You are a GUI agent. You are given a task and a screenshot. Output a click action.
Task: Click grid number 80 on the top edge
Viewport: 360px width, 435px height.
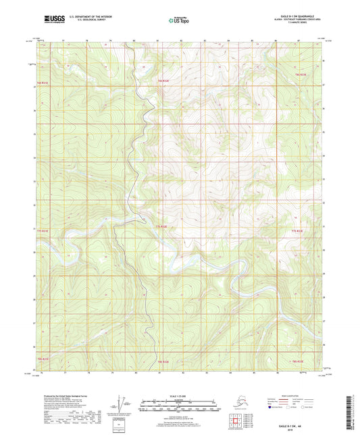(134, 41)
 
